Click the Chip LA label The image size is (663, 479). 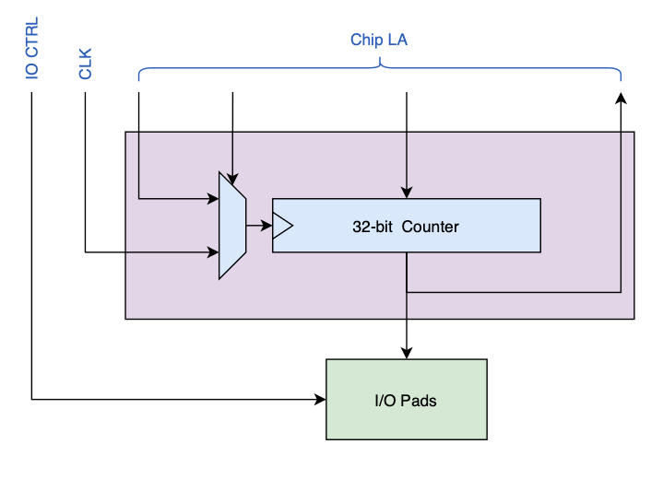(x=378, y=40)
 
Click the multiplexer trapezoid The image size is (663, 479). (x=231, y=225)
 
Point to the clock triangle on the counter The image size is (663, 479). (x=282, y=225)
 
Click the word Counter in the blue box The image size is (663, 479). (x=430, y=226)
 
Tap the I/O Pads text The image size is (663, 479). (x=406, y=401)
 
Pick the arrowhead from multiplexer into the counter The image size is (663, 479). (x=266, y=225)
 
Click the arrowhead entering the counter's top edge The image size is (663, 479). (x=407, y=193)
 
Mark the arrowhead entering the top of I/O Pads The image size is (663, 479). (x=407, y=353)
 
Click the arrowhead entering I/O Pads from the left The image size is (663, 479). (x=321, y=399)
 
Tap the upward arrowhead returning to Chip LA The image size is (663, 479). (x=620, y=98)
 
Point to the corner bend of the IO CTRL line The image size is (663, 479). (x=32, y=399)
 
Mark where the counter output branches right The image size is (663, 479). (x=407, y=292)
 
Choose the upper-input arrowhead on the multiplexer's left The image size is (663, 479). (x=213, y=197)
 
